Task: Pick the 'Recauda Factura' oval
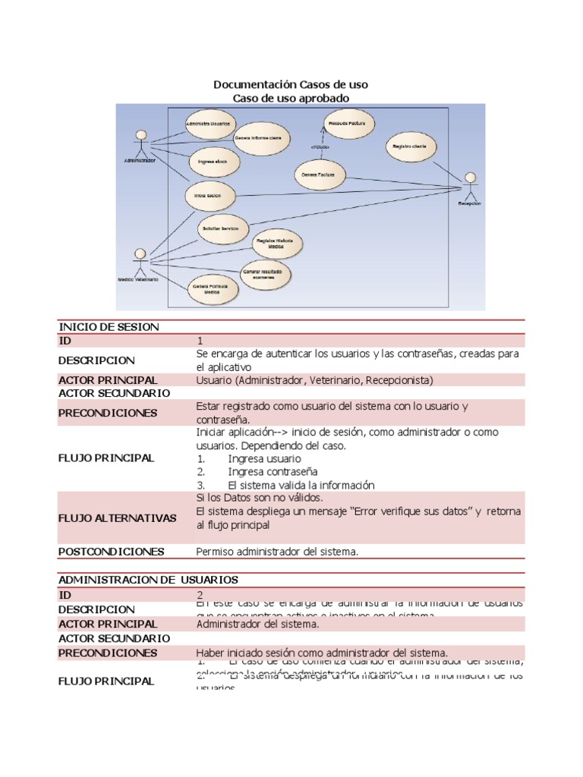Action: click(x=345, y=122)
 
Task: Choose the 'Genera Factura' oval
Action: click(x=318, y=175)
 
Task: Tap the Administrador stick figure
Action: click(x=140, y=144)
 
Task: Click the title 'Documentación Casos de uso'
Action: click(x=291, y=85)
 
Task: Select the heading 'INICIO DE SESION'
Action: click(x=109, y=327)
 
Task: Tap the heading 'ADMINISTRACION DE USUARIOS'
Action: click(x=148, y=580)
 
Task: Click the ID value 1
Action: click(x=200, y=341)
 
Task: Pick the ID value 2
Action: click(x=200, y=595)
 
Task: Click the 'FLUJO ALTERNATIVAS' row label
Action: click(x=118, y=518)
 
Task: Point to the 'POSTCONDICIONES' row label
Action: click(x=112, y=552)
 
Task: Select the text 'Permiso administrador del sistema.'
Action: click(x=276, y=552)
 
